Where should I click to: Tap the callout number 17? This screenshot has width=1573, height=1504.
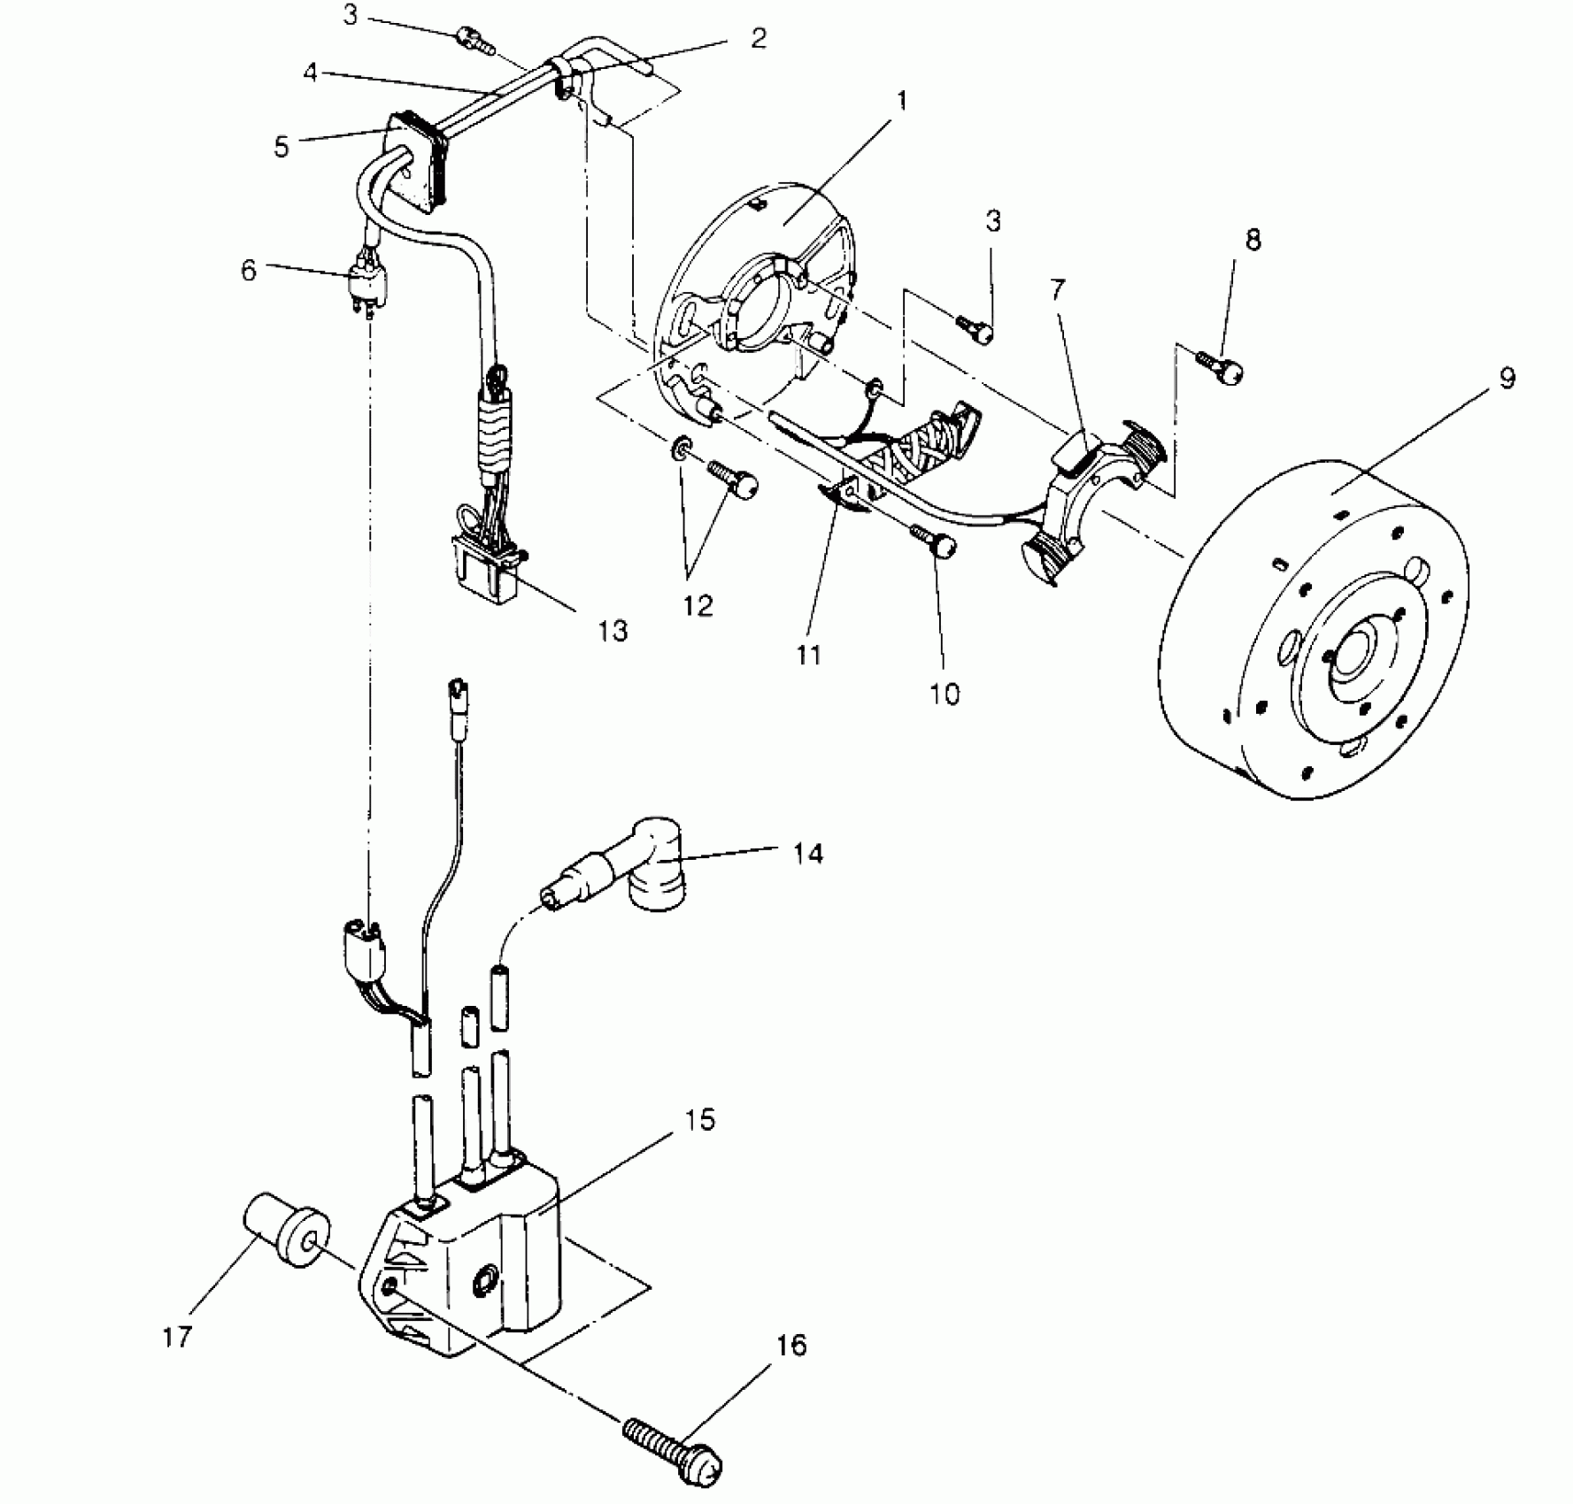point(177,1336)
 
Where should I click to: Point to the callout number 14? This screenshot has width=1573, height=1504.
point(808,853)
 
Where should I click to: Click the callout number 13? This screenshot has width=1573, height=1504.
point(613,631)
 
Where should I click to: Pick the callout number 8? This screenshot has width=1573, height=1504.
point(1253,240)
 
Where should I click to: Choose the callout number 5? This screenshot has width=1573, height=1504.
point(281,147)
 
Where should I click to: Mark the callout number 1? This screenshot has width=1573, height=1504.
point(901,100)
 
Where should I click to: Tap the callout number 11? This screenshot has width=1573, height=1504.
point(808,655)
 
